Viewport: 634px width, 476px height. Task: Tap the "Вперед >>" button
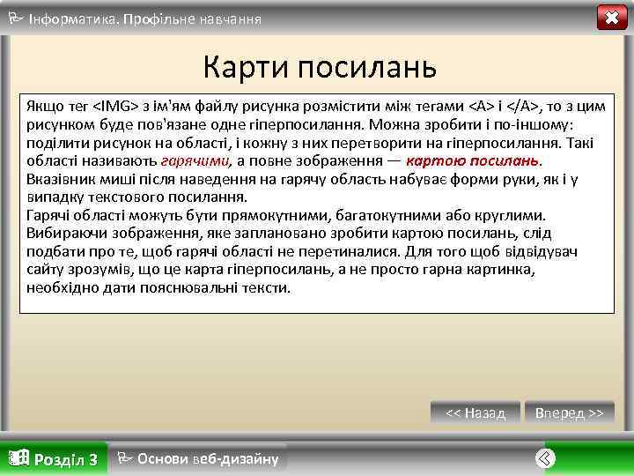tap(570, 413)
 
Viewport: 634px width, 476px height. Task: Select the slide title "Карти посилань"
tap(319, 65)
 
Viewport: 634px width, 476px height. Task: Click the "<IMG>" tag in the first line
tap(115, 106)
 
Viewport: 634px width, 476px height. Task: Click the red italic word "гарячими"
tap(195, 160)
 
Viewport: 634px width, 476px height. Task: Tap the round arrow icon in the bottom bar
tap(545, 458)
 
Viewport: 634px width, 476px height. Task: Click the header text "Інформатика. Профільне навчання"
tap(144, 18)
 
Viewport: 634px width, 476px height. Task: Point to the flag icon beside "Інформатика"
tap(15, 17)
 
